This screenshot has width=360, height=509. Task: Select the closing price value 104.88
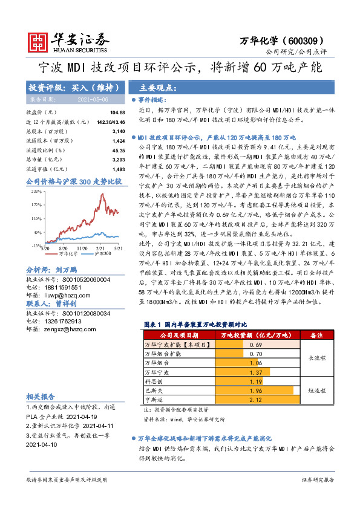(x=117, y=113)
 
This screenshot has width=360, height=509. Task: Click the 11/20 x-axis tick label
(x=83, y=248)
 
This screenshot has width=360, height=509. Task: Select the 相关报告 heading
(x=41, y=397)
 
